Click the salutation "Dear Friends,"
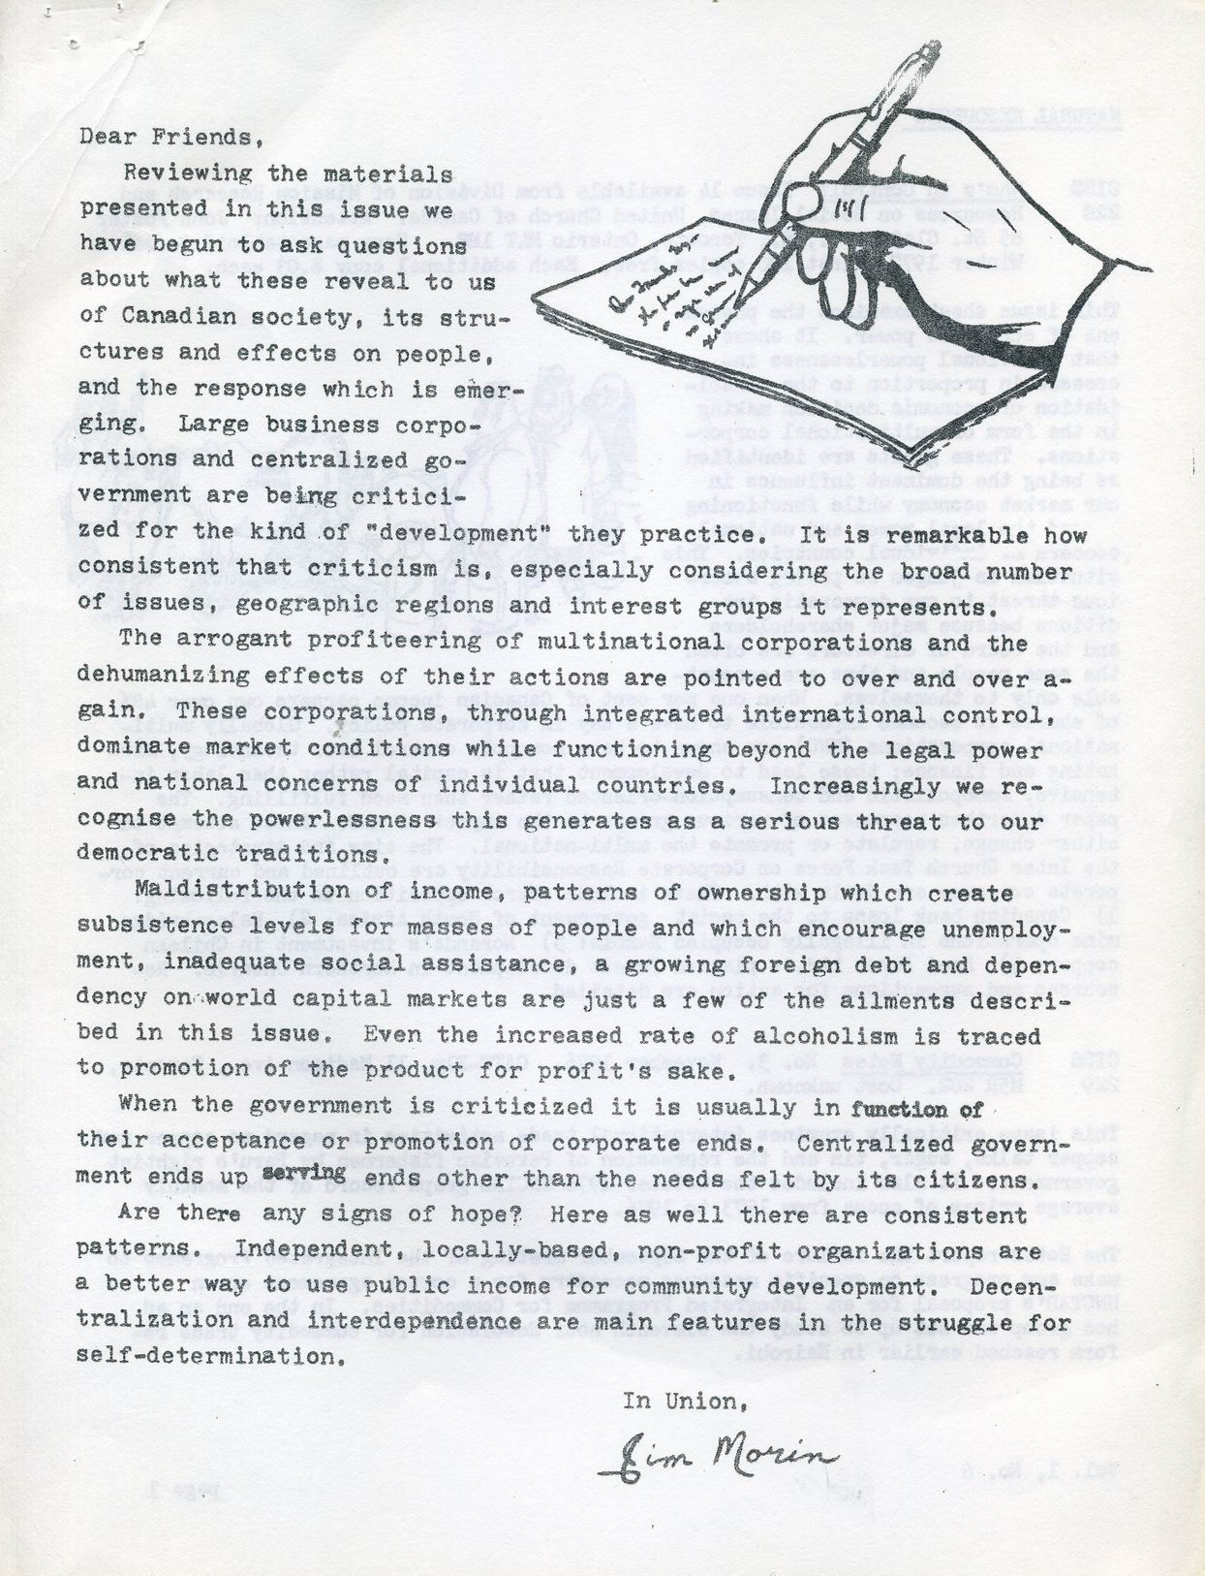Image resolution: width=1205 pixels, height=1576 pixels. [171, 136]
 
